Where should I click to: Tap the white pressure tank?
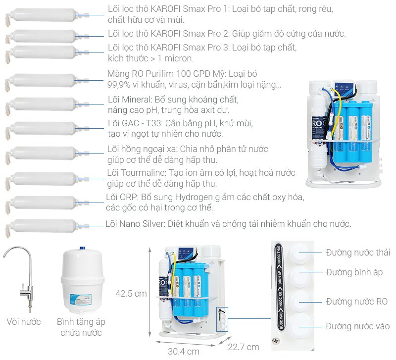click(x=82, y=282)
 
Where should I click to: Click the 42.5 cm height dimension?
click(x=131, y=294)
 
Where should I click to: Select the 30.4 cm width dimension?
click(x=183, y=351)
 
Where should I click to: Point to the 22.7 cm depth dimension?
click(x=244, y=347)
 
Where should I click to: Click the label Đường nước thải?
click(x=357, y=253)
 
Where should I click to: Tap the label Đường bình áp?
click(x=354, y=272)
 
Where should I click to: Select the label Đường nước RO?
click(x=356, y=302)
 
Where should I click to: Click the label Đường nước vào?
click(x=357, y=326)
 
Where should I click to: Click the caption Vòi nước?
click(x=24, y=322)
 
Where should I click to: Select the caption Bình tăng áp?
click(x=81, y=322)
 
